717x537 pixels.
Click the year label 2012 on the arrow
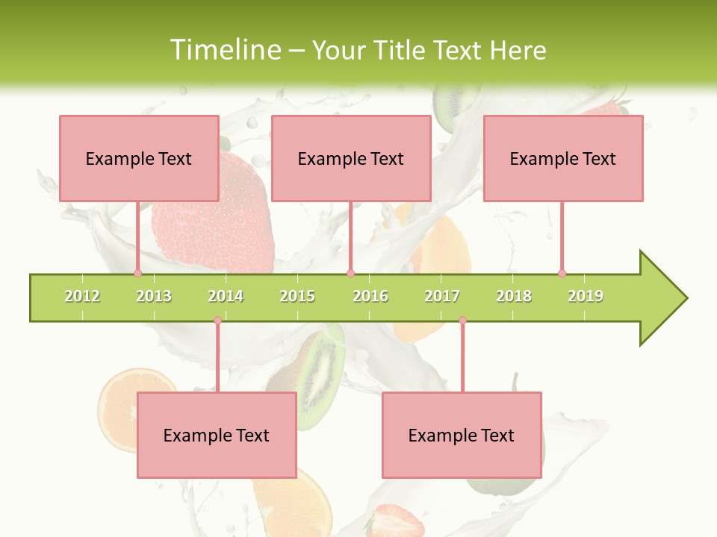[82, 296]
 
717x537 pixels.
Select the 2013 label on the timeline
[154, 296]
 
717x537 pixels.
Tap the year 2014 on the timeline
[226, 296]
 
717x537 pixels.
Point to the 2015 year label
[297, 296]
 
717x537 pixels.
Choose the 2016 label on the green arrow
[370, 296]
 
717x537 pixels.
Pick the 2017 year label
[442, 296]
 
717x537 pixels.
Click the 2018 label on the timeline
[514, 296]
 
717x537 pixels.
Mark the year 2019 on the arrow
[586, 296]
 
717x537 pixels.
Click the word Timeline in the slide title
[223, 50]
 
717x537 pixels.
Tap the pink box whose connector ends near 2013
[139, 158]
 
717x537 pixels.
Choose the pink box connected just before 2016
[351, 158]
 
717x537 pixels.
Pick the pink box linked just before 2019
[563, 158]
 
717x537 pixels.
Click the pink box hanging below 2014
[217, 435]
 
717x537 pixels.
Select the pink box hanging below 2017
[462, 435]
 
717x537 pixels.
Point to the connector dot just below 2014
[217, 321]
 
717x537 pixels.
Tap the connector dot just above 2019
[562, 273]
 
